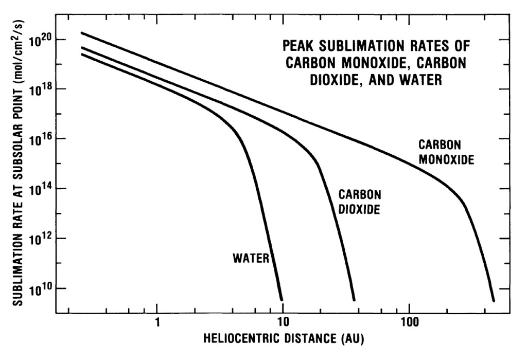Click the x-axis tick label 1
157,325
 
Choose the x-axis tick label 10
283,325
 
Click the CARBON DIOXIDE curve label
359,202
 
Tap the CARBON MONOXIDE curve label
446,152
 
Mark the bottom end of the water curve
282,299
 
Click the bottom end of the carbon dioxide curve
354,299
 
